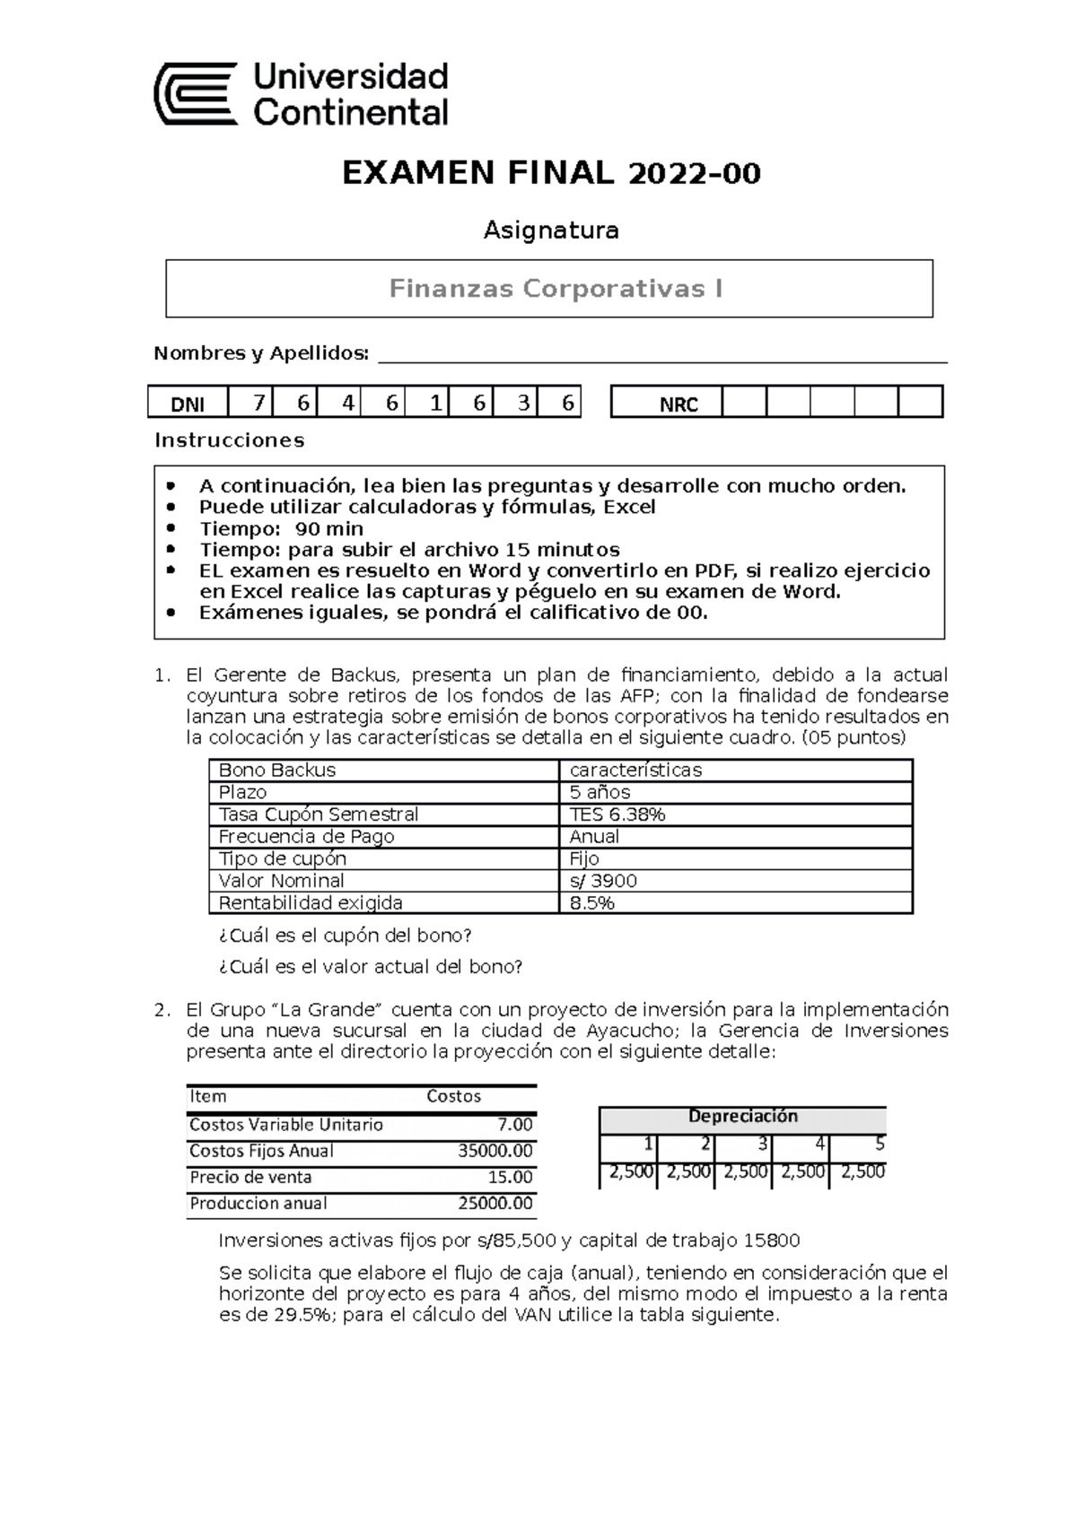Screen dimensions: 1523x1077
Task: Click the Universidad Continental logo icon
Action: point(197,93)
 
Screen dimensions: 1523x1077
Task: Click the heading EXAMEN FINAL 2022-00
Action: point(551,172)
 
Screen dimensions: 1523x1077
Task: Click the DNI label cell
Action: point(188,405)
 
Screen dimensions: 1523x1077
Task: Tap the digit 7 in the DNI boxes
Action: point(258,404)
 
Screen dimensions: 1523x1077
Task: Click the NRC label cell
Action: point(679,405)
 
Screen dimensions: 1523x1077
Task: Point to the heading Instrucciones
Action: point(230,440)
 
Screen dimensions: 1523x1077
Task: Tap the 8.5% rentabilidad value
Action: point(592,903)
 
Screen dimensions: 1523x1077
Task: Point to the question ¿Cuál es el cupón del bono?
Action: point(345,936)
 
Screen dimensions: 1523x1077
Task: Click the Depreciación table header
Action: point(742,1117)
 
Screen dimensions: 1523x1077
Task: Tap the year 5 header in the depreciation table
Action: point(879,1144)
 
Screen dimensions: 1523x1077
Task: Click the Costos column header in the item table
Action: point(453,1096)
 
